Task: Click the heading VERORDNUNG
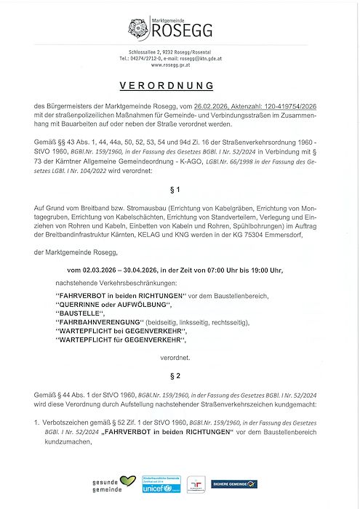click(x=180, y=85)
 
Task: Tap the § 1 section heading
click(x=180, y=189)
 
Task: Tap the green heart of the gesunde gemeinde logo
click(x=128, y=481)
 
